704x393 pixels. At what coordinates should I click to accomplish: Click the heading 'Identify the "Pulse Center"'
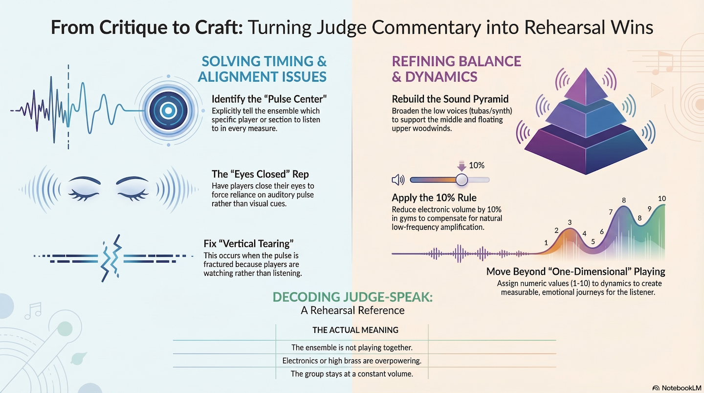pyautogui.click(x=269, y=99)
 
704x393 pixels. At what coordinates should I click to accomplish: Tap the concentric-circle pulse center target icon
pyautogui.click(x=168, y=110)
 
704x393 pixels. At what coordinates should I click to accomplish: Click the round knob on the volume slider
pyautogui.click(x=461, y=180)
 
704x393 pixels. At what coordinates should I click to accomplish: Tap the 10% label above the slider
pyautogui.click(x=476, y=165)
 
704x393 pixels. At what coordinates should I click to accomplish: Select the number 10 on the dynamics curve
pyautogui.click(x=662, y=198)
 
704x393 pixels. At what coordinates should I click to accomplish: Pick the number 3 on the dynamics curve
pyautogui.click(x=570, y=222)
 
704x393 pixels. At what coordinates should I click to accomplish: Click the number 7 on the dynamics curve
pyautogui.click(x=611, y=212)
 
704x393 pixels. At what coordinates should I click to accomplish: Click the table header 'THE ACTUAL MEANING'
pyautogui.click(x=355, y=330)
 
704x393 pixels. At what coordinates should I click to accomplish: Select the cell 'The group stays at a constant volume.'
pyautogui.click(x=352, y=374)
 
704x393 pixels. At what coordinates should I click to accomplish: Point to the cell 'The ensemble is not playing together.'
pyautogui.click(x=352, y=348)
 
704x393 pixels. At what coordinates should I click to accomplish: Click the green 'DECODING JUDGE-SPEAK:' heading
pyautogui.click(x=352, y=297)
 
